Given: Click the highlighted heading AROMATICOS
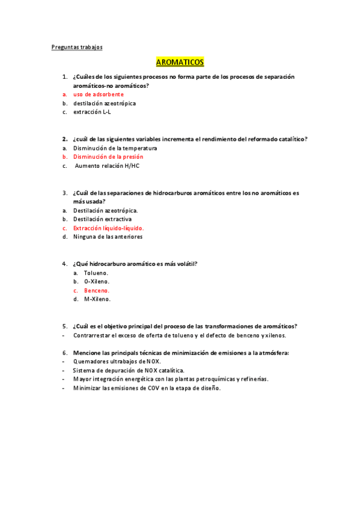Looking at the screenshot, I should pos(180,62).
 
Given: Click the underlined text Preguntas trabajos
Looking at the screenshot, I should pos(76,47).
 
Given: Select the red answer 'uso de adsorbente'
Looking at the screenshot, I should pos(99,94).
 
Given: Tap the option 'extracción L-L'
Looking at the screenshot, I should pos(92,112).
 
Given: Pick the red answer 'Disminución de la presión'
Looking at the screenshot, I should pos(108,157).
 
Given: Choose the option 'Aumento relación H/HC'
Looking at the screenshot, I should pos(107,166).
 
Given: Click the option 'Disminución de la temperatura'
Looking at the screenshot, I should pos(115,148).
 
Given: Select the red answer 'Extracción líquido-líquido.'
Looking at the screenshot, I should pos(108,229).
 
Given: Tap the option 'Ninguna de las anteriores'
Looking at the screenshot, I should pos(108,237).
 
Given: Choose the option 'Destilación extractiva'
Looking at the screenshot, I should pos(102,220).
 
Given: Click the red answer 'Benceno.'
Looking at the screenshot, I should pos(97,290).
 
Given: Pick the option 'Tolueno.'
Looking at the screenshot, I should pos(96,273).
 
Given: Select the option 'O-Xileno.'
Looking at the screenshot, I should pos(97,281).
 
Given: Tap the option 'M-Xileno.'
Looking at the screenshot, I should pos(97,299).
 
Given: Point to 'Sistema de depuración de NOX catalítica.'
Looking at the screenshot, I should pos(129,370).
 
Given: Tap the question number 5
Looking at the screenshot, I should pos(64,326).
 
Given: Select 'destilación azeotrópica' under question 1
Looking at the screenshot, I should pos(105,103).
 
